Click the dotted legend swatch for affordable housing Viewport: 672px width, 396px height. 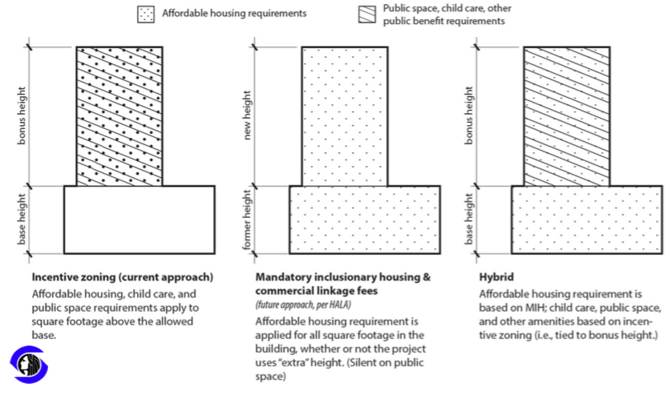click(147, 14)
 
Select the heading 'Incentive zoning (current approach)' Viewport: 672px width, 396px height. click(122, 277)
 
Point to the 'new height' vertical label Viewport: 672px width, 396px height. click(249, 117)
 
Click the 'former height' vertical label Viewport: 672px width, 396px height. click(249, 220)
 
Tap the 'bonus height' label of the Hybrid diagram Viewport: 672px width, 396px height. click(470, 117)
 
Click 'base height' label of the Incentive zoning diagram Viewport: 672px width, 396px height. click(24, 220)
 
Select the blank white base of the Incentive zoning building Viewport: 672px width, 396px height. click(139, 220)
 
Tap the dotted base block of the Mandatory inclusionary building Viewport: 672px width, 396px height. click(364, 220)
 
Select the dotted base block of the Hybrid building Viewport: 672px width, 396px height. click(586, 220)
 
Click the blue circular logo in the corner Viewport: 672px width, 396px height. click(30, 366)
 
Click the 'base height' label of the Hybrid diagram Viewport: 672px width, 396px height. click(470, 220)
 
